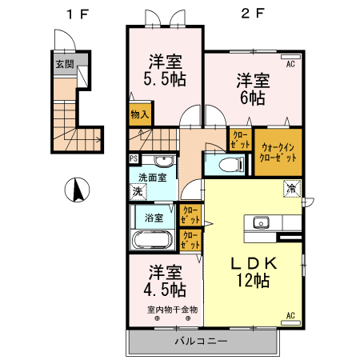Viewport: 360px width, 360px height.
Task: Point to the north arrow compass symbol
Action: [78, 190]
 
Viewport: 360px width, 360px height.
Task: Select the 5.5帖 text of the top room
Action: [166, 80]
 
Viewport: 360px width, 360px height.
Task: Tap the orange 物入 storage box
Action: [140, 114]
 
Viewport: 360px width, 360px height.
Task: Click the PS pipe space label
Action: [133, 158]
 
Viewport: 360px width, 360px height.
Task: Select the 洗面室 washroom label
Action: [152, 178]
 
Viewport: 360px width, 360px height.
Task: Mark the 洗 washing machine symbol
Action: [138, 192]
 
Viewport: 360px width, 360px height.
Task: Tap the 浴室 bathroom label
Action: [154, 217]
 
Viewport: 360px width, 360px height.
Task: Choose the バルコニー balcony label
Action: [202, 342]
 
